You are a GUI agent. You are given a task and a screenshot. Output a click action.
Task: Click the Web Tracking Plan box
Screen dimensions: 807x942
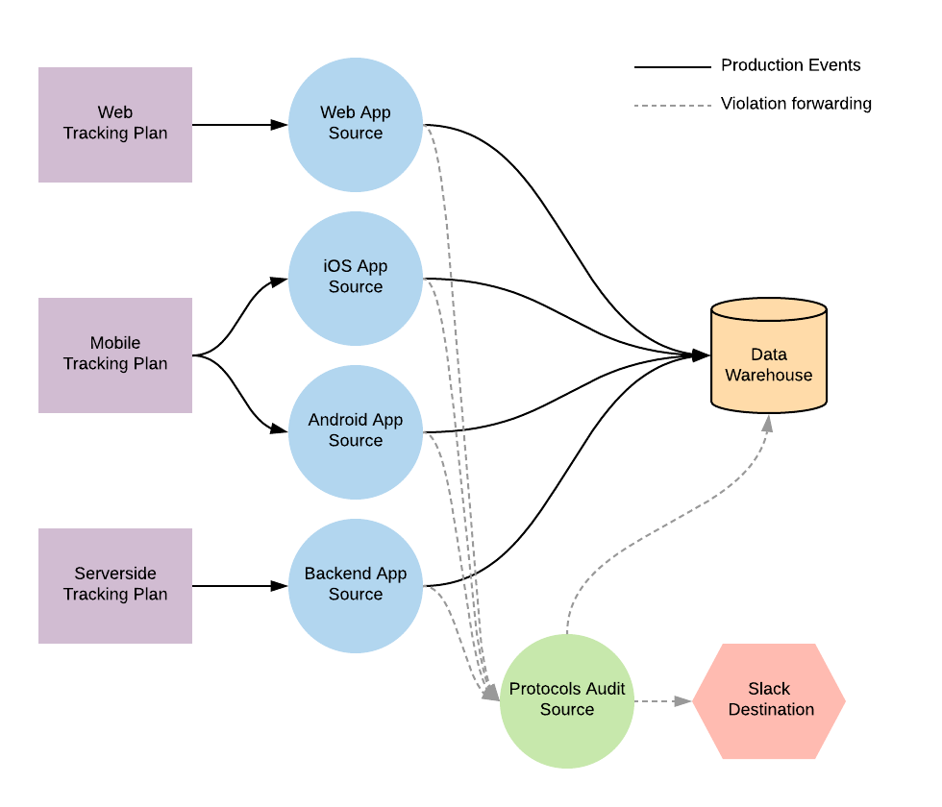115,125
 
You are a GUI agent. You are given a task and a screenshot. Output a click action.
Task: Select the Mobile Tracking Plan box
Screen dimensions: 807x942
115,355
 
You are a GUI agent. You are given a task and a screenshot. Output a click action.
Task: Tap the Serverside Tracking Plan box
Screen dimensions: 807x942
115,586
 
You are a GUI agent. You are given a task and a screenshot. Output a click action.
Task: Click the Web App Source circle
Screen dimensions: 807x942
356,125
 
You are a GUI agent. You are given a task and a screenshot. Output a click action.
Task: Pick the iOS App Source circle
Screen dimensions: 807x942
356,279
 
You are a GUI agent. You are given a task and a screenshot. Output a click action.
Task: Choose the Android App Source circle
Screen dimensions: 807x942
356,432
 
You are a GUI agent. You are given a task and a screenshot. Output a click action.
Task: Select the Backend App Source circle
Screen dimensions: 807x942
356,586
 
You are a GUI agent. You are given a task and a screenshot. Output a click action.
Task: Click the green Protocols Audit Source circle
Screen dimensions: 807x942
567,701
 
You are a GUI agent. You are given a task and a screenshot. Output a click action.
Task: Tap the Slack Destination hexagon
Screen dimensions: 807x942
769,701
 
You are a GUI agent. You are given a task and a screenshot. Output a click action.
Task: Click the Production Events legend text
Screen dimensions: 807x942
790,65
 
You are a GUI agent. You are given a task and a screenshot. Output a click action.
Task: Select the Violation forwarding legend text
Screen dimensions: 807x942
796,104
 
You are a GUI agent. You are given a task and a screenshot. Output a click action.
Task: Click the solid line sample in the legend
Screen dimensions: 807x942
672,67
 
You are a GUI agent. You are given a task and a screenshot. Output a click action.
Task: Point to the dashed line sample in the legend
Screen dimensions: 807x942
672,106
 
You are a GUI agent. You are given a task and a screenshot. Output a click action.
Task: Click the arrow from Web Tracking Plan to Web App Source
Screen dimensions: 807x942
240,125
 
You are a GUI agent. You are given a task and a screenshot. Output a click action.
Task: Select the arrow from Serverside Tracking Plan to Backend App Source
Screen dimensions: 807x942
240,586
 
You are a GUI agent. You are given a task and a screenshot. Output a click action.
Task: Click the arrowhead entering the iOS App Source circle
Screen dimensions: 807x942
280,281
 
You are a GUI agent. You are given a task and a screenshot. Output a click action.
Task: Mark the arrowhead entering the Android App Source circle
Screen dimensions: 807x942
280,430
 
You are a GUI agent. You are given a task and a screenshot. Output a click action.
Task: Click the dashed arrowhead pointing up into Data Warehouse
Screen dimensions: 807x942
768,423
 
